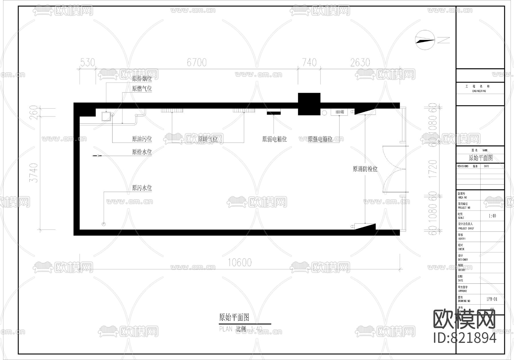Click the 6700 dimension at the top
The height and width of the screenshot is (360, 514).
tap(196, 63)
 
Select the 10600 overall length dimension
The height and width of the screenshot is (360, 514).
tap(240, 262)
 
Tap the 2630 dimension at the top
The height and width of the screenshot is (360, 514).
tap(360, 63)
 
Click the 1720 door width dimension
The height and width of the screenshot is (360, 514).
tap(433, 169)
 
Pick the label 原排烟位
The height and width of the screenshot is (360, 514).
tap(142, 78)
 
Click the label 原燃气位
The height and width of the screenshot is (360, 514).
tap(142, 89)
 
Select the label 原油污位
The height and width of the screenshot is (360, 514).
tap(142, 139)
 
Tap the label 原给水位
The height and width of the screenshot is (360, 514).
tap(142, 152)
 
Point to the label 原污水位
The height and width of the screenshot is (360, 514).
tap(142, 188)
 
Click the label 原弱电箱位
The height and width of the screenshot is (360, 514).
tap(274, 139)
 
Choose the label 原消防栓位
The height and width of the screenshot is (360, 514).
tap(365, 169)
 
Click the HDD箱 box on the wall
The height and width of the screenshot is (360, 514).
tap(339, 112)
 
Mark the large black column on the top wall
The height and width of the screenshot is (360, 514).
tap(309, 104)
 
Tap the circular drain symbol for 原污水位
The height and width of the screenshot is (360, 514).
tap(104, 224)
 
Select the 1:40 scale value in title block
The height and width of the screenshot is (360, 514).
tap(492, 216)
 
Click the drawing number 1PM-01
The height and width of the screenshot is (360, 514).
tap(492, 299)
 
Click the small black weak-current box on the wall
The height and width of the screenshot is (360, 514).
tap(274, 113)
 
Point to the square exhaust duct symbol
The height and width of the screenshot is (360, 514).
tap(106, 116)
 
